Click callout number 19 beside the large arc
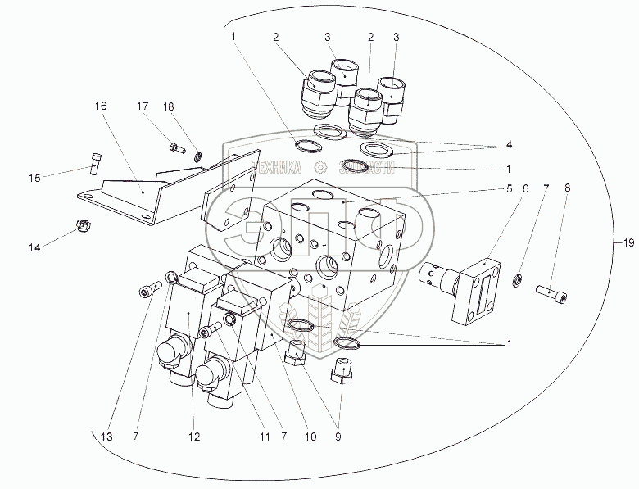[x=628, y=242]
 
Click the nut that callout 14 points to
[x=83, y=224]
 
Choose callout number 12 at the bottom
[x=193, y=437]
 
